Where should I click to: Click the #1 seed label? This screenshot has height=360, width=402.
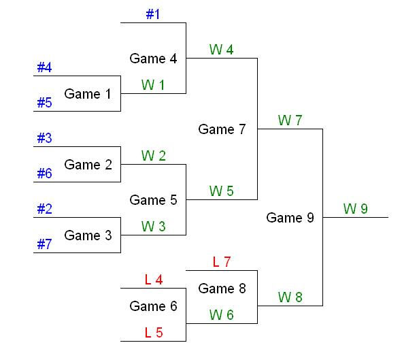coord(153,14)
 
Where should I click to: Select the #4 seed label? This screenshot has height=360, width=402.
coord(44,67)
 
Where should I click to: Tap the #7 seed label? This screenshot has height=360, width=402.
coord(44,244)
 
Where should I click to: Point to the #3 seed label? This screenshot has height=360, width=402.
coord(44,137)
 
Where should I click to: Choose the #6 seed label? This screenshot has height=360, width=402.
coord(44,173)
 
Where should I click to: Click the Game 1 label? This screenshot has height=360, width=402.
coord(87,94)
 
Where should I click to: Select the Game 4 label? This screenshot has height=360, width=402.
coord(153,59)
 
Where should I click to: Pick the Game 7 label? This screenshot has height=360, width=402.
coord(222,129)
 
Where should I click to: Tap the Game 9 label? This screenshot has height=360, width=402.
coord(290,218)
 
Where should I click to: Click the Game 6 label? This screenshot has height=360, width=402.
coord(153,306)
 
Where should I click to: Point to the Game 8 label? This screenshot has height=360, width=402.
coord(222,289)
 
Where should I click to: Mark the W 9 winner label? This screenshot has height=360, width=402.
coord(355,208)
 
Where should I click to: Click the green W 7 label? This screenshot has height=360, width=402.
coord(290,120)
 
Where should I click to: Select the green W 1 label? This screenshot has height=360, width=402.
coord(153,84)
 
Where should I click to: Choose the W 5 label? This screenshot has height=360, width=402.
coord(222,191)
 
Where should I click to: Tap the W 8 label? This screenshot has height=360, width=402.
coord(290,297)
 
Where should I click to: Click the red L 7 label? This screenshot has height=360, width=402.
coord(222,261)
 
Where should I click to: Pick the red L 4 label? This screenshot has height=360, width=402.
coord(153,279)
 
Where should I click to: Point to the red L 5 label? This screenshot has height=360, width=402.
coord(153,332)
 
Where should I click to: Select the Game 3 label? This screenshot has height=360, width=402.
coord(87,235)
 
